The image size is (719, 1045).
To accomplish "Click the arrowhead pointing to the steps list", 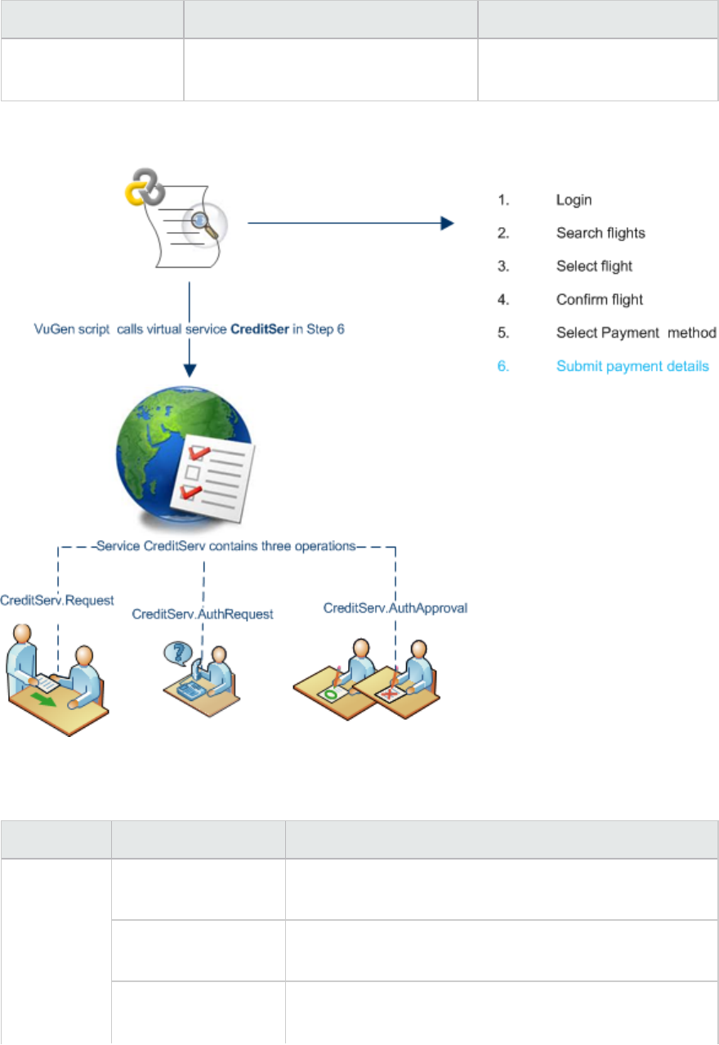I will tap(446, 222).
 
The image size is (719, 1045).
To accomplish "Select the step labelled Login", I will tap(574, 200).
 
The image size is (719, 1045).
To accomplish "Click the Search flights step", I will tap(601, 234).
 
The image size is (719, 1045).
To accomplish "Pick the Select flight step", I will tap(594, 266).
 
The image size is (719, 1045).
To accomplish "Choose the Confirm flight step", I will tap(599, 300).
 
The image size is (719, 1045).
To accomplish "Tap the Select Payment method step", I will tap(636, 333).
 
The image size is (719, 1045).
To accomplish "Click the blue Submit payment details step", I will tap(632, 366).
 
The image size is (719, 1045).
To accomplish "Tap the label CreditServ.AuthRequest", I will tap(202, 614).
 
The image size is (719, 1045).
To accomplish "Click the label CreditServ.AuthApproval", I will tap(395, 609).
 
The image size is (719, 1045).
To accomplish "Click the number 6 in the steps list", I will tap(503, 366).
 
